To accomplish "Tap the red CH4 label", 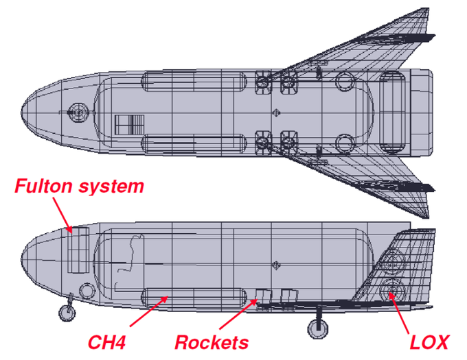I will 106,341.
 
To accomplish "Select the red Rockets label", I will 211,341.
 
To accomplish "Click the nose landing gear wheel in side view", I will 66,313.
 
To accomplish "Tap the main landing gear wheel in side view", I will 317,329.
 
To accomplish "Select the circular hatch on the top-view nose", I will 78,110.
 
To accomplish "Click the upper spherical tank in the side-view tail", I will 394,260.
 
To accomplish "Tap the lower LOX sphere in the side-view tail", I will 392,290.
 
